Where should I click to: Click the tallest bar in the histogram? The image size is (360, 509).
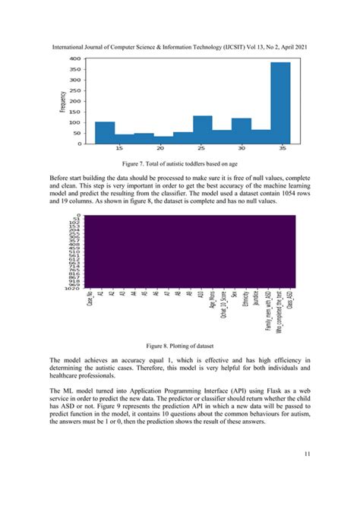click(280, 103)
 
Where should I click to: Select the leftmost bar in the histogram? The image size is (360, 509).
click(105, 132)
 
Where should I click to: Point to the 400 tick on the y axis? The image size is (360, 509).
click(75, 58)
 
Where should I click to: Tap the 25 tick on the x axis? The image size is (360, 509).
click(201, 148)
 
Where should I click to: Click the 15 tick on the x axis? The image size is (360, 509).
click(119, 148)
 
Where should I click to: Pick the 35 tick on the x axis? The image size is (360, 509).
click(282, 148)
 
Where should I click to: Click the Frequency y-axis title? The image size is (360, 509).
click(62, 100)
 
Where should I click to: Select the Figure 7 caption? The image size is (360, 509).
click(180, 163)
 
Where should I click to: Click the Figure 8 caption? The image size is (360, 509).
click(180, 346)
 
